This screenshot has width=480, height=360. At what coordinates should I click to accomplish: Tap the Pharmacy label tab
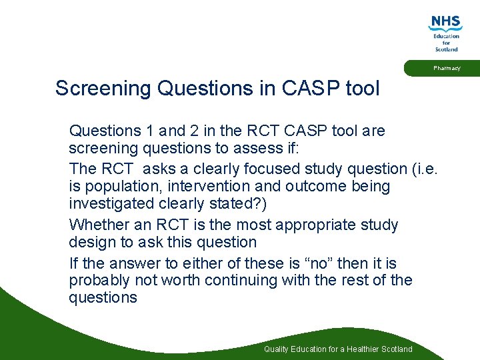coord(446,68)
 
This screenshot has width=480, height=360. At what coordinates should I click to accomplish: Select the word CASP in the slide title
coord(309,89)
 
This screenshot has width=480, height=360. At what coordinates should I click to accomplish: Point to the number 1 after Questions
coord(147,130)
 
